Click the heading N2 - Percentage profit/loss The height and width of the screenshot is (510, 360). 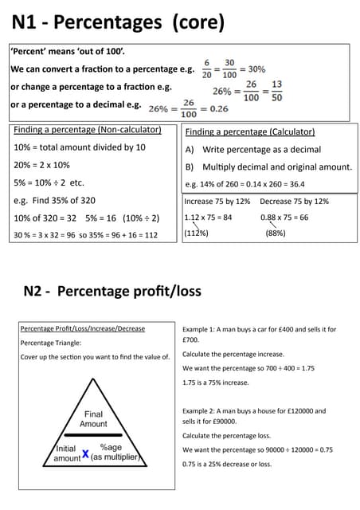[112, 291]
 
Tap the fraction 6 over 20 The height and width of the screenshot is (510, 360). [207, 69]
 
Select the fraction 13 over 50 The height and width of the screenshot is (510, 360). [276, 91]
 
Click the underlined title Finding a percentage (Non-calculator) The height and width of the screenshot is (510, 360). [88, 130]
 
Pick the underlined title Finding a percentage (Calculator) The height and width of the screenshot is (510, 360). [249, 131]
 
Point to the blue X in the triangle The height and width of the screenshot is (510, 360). [85, 453]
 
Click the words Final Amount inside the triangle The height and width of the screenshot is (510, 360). [93, 419]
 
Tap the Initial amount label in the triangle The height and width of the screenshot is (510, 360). [67, 453]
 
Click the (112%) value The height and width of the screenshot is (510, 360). [196, 233]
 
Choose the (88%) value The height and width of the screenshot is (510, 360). [276, 233]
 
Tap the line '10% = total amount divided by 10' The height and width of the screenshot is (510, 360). [80, 147]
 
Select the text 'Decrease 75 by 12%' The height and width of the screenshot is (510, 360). [294, 202]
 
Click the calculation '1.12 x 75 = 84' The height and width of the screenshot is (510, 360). [208, 217]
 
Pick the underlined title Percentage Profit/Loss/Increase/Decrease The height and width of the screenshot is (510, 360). [83, 328]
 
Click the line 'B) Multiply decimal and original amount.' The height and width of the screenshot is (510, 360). [268, 167]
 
